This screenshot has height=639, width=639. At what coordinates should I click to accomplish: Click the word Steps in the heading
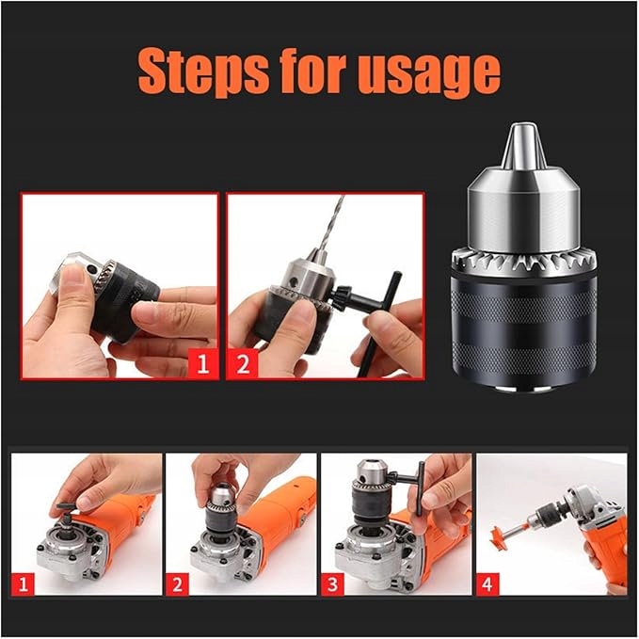pyautogui.click(x=203, y=72)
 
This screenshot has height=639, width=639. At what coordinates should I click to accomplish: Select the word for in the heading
pyautogui.click(x=313, y=70)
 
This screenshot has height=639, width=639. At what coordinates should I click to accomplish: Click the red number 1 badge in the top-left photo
pyautogui.click(x=202, y=363)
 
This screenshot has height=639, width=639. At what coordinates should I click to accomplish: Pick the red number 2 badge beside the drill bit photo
pyautogui.click(x=243, y=363)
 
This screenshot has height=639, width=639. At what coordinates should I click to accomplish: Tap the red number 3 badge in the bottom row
pyautogui.click(x=332, y=584)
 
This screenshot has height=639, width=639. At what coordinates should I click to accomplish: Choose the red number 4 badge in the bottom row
pyautogui.click(x=487, y=584)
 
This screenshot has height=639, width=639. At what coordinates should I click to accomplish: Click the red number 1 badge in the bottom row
pyautogui.click(x=23, y=584)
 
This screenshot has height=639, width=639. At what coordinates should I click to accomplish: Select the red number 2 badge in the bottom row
pyautogui.click(x=177, y=584)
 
